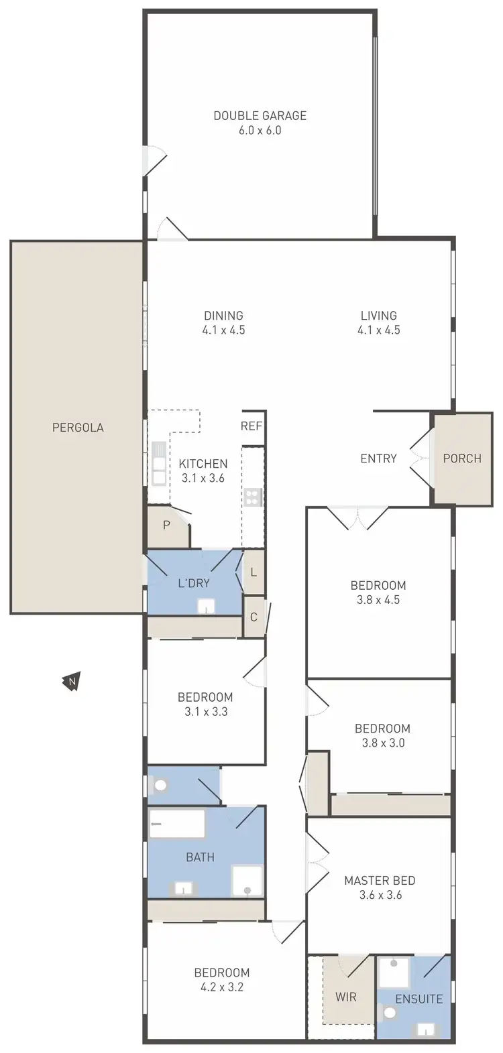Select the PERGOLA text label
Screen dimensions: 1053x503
point(78,427)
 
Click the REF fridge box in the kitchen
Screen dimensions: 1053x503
point(251,426)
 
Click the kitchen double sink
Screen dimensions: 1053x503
point(159,463)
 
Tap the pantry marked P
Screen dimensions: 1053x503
point(166,525)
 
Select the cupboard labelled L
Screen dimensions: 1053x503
point(254,572)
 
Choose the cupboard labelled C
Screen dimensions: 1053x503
point(254,617)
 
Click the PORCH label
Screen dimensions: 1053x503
point(462,458)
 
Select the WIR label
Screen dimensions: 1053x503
point(346,997)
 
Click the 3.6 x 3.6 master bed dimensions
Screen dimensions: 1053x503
point(380,895)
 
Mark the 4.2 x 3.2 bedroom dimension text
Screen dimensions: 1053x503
point(222,987)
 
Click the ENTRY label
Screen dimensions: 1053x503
point(378,458)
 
